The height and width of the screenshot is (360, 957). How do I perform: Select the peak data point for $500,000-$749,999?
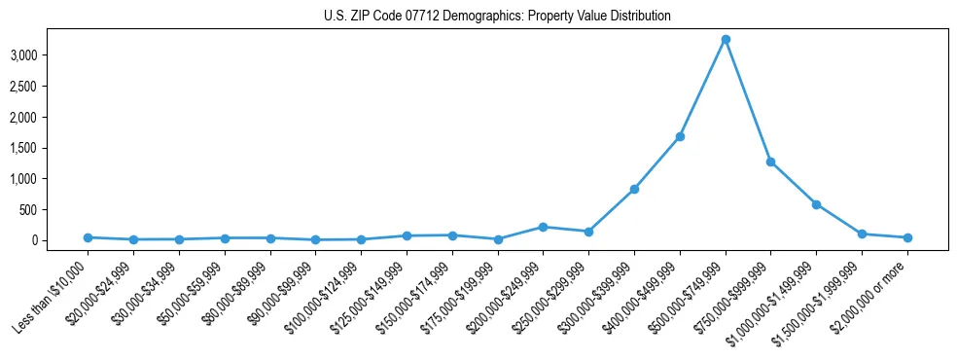[x=726, y=40]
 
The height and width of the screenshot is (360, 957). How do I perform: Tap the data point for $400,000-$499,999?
[x=680, y=136]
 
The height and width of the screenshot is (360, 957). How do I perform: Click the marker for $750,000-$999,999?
[x=770, y=162]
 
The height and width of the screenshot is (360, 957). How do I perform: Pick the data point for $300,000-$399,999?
[x=634, y=189]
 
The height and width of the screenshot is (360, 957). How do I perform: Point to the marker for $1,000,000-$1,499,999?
[x=816, y=204]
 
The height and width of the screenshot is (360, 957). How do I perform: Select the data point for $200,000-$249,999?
[x=543, y=227]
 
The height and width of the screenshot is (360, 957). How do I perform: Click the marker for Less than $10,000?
[x=88, y=237]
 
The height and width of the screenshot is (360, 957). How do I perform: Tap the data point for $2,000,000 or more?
[x=907, y=237]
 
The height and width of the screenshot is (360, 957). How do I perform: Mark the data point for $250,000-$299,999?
[x=588, y=232]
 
